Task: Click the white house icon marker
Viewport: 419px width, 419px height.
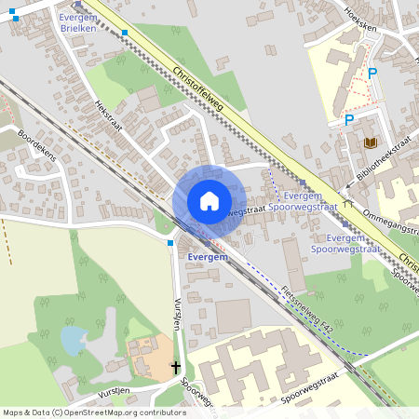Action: coord(209,201)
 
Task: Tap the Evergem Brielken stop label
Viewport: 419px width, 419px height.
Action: coord(77,23)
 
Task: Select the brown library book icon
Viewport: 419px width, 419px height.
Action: coord(371,142)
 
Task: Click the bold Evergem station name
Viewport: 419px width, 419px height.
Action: coord(207,256)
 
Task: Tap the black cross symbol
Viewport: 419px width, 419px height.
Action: coord(176,367)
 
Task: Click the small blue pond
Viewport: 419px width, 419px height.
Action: coord(72,340)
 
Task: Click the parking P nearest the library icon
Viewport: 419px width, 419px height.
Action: coord(349,119)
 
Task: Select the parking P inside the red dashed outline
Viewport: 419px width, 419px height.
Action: coord(372,74)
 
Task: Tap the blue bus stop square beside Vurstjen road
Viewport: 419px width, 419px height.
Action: coord(170,242)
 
